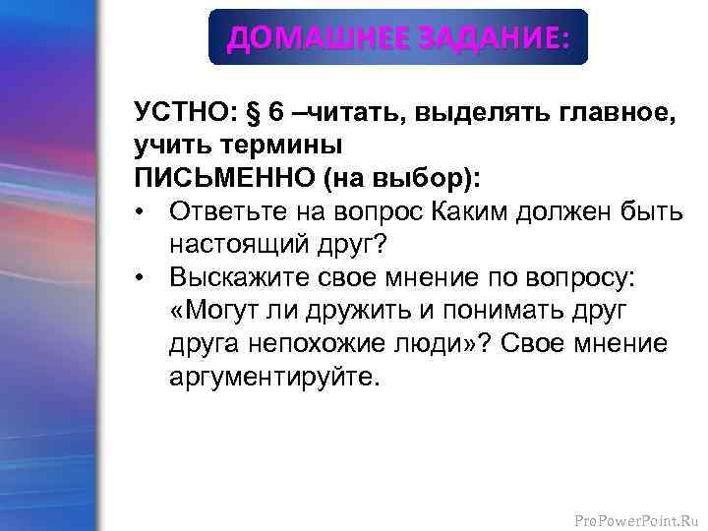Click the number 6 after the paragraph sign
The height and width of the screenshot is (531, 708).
[277, 111]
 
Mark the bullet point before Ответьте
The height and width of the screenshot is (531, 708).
[144, 211]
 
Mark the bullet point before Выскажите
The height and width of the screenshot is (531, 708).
[144, 278]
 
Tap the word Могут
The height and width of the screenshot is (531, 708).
[224, 312]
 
